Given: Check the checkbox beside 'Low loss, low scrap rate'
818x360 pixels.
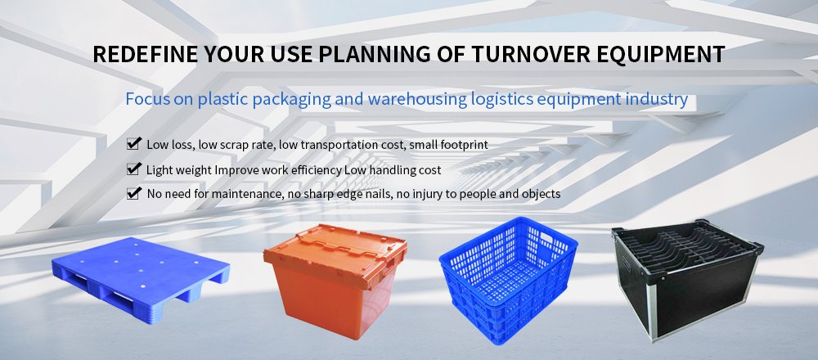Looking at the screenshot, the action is (134, 143).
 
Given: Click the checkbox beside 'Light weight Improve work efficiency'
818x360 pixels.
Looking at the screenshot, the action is (134, 169).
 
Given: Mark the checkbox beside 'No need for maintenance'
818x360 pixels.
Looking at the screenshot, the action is (134, 193).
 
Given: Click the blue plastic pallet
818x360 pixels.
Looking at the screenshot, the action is (141, 280).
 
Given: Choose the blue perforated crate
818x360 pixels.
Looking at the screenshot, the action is (508, 279).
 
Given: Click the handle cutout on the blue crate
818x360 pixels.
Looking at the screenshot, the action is (547, 238).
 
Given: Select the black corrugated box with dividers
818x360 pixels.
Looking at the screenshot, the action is (688, 280).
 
